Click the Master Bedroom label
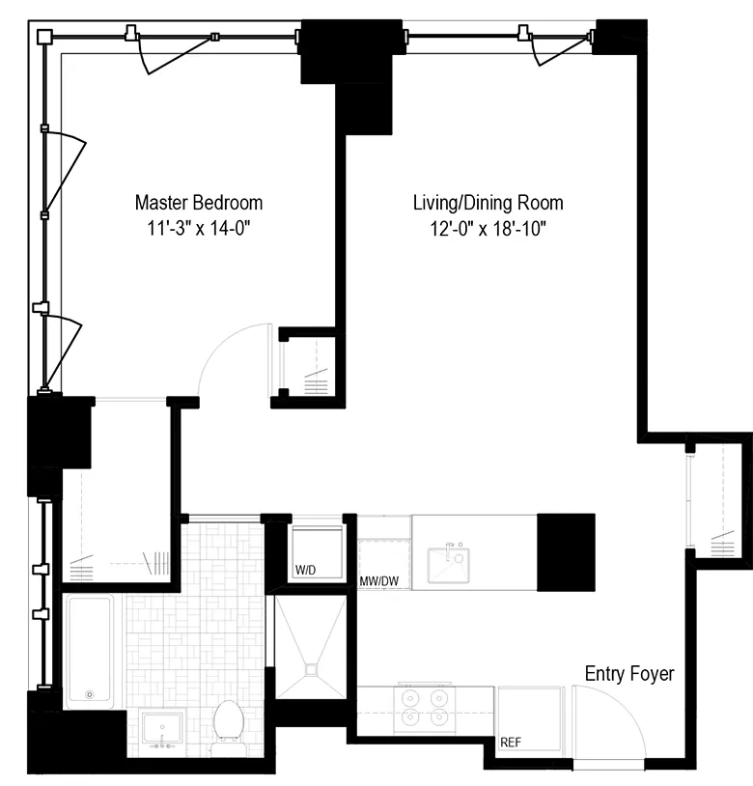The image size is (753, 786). click(x=198, y=203)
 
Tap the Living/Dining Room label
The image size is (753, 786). click(x=488, y=203)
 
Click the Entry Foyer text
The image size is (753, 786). click(x=629, y=674)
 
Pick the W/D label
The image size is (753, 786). click(x=306, y=571)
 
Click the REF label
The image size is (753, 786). click(x=512, y=744)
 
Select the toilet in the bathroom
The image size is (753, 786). click(x=229, y=725)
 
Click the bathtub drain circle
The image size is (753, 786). click(x=90, y=693)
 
